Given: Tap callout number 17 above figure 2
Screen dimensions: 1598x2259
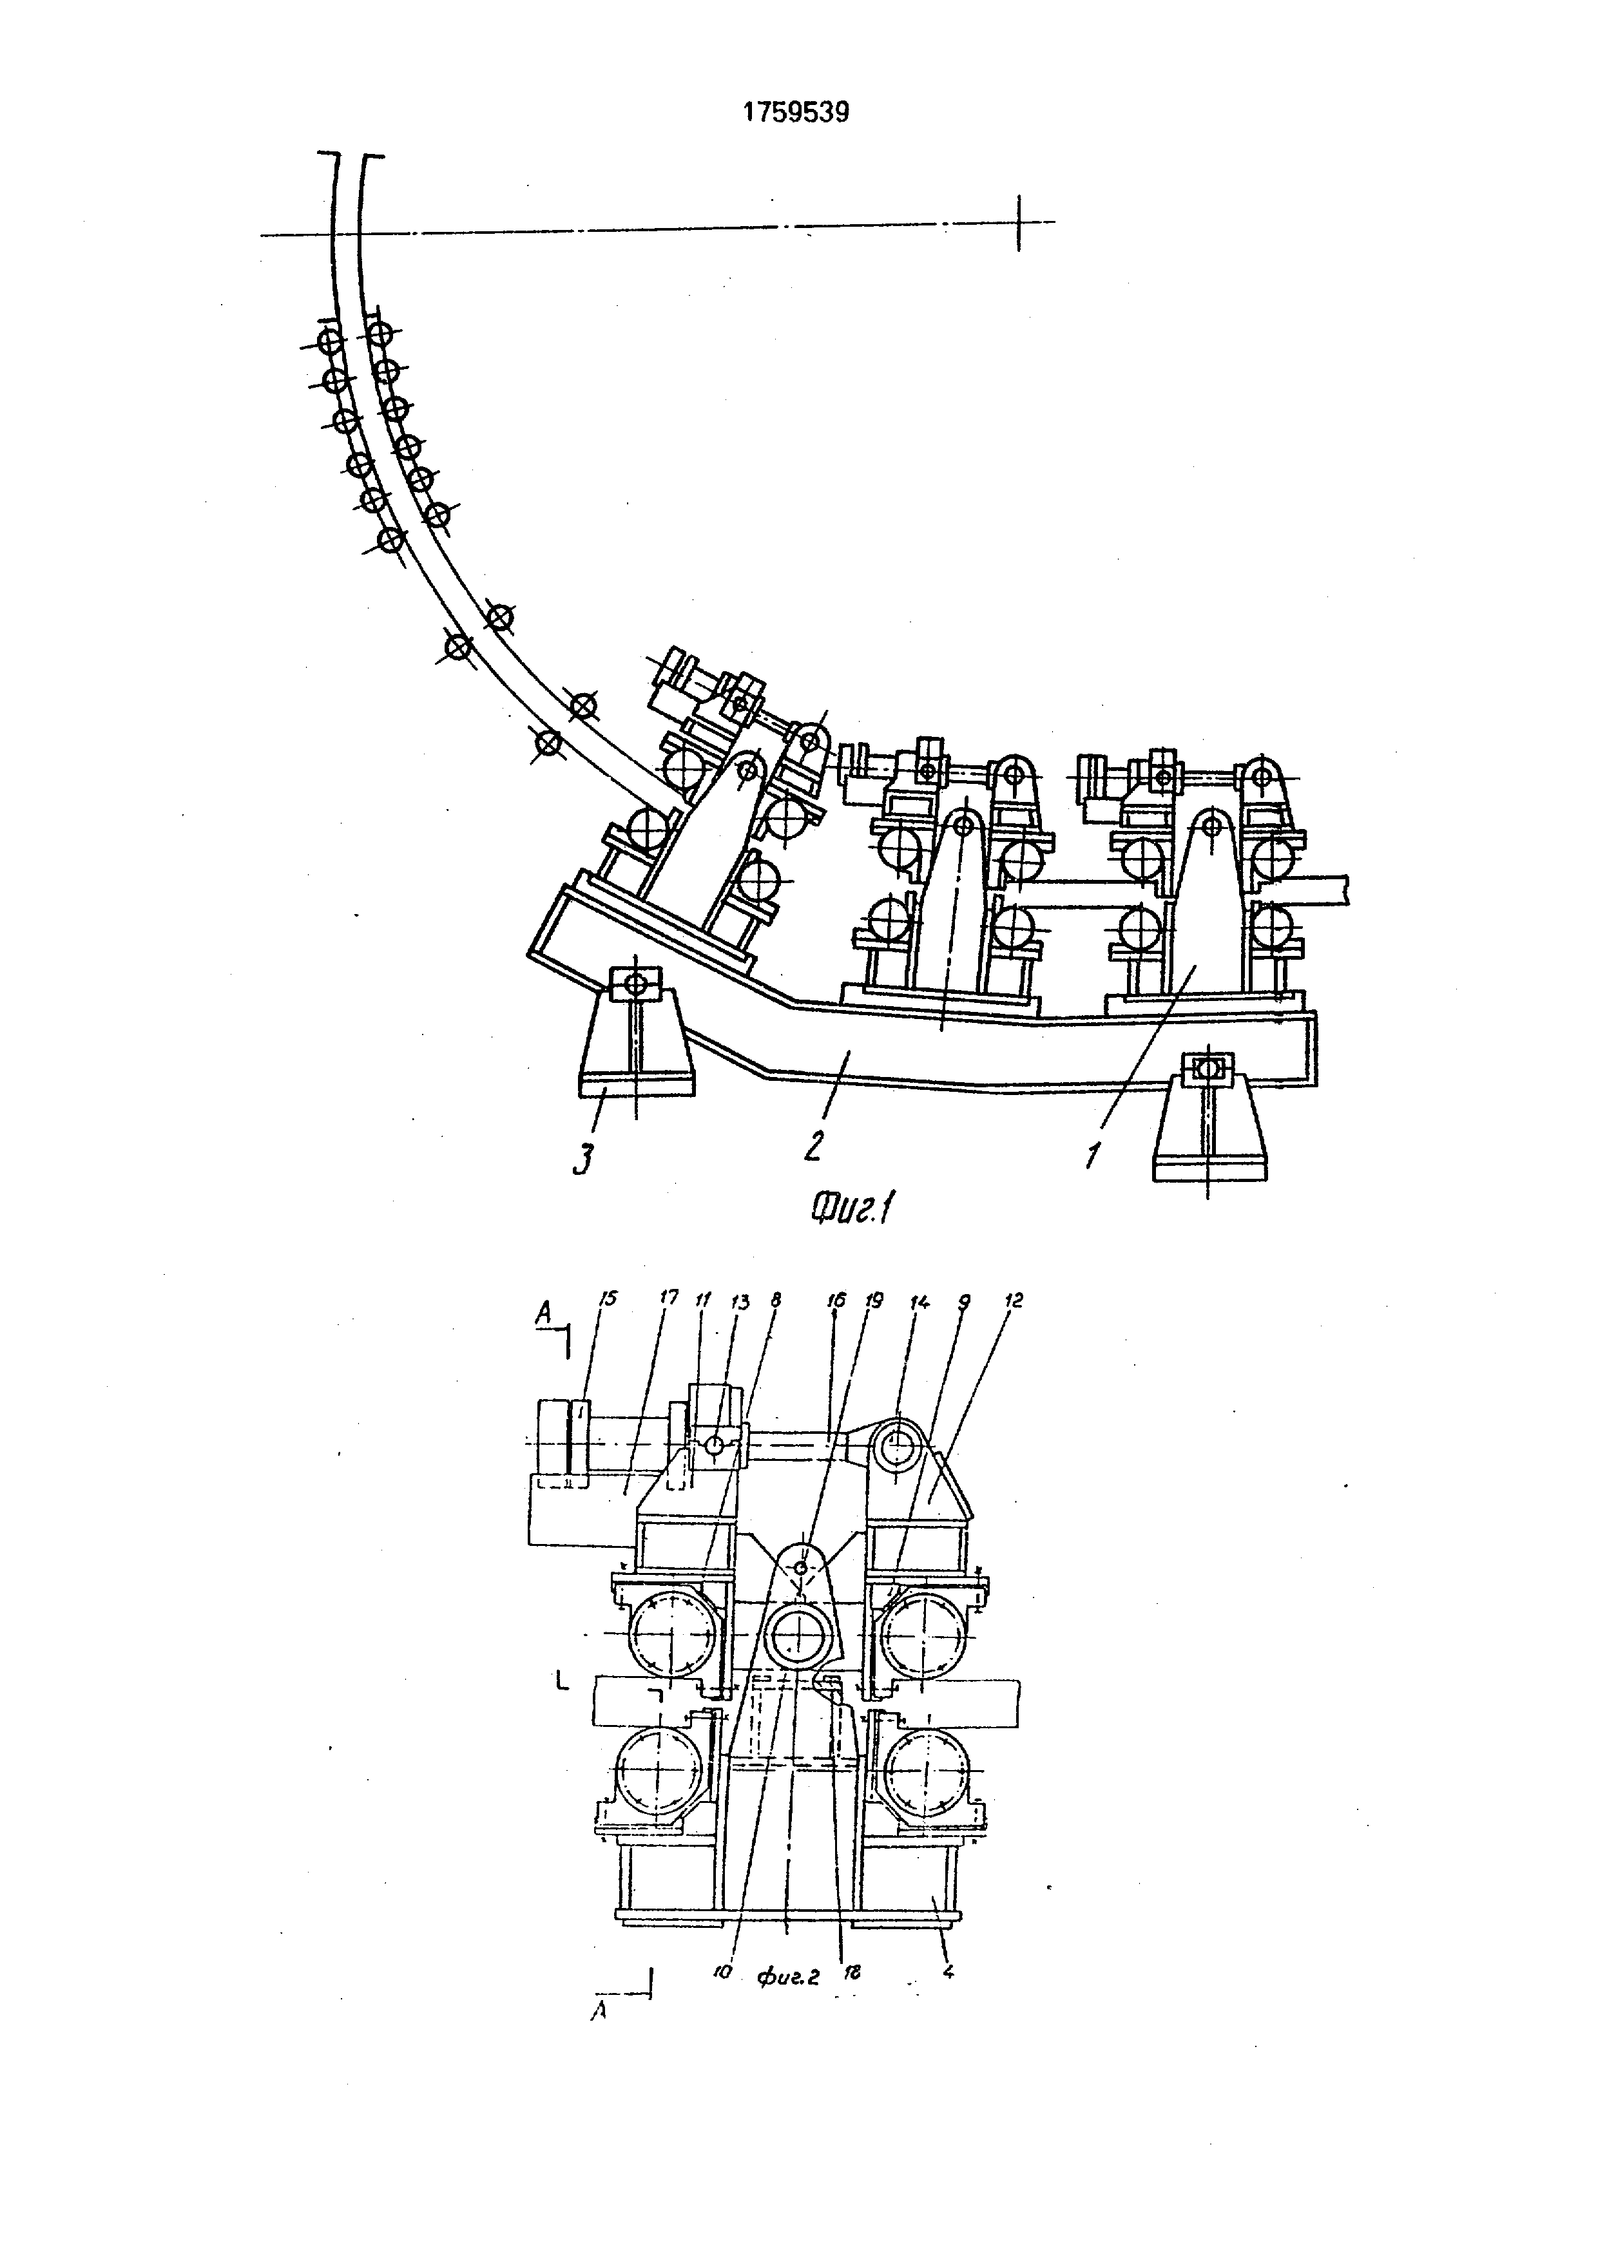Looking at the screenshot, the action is [668, 1299].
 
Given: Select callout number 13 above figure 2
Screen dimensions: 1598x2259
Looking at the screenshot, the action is [740, 1302].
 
